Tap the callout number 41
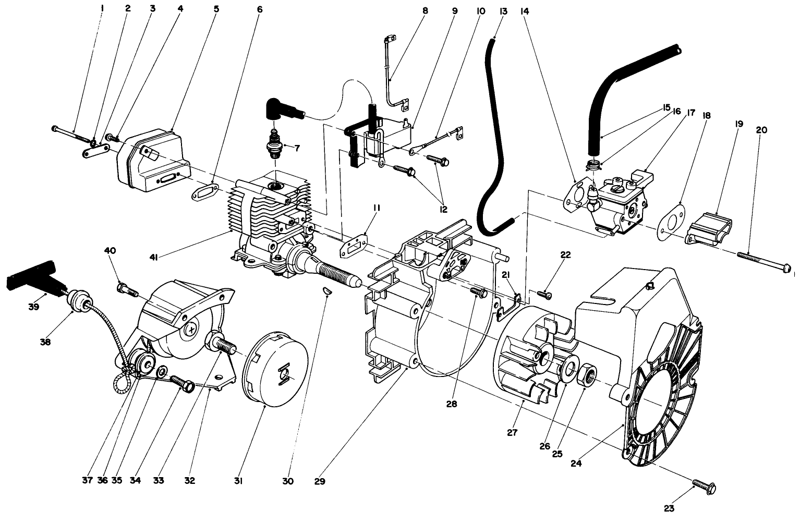pyautogui.click(x=154, y=256)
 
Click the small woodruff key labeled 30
pyautogui.click(x=327, y=290)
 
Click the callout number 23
pyautogui.click(x=669, y=508)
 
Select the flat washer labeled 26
pyautogui.click(x=566, y=367)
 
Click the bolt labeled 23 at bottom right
pyautogui.click(x=705, y=487)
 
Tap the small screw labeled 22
pyautogui.click(x=544, y=295)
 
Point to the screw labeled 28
pyautogui.click(x=478, y=293)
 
